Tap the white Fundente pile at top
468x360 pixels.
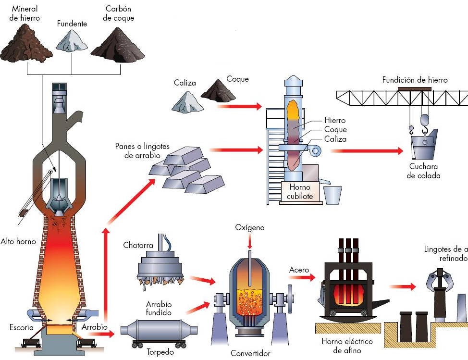72,40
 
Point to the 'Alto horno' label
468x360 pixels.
18,241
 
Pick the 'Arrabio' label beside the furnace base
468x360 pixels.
95,327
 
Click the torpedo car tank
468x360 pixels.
158,332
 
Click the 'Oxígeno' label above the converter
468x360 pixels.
250,227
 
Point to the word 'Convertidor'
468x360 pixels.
250,353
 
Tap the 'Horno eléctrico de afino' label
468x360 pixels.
347,346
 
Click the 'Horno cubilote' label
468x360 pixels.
300,191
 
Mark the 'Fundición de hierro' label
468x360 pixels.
415,80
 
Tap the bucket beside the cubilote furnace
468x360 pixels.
333,195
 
